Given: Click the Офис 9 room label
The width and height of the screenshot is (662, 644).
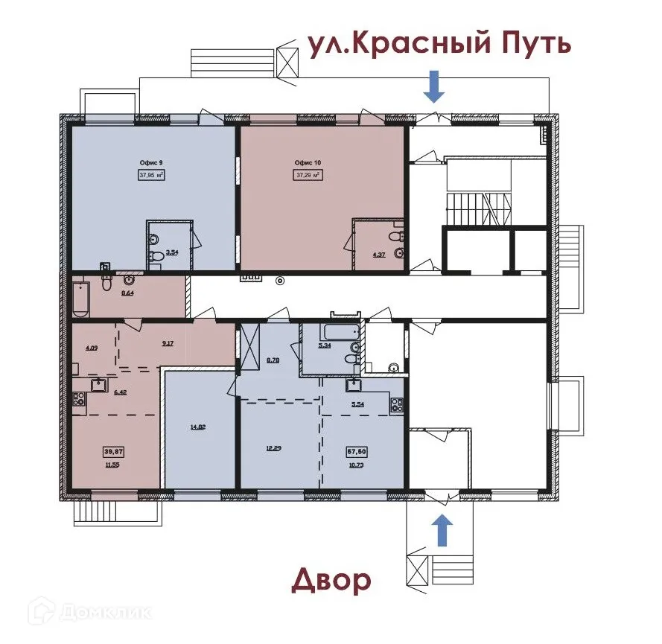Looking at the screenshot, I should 151,162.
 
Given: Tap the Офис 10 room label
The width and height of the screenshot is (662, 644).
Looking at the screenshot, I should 308,162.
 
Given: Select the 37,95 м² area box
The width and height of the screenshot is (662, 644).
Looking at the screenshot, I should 151,176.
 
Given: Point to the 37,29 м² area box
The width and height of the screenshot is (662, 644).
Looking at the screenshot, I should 308,176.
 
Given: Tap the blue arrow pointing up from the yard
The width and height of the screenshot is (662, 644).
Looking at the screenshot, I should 442,530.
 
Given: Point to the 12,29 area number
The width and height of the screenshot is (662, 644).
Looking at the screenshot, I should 276,448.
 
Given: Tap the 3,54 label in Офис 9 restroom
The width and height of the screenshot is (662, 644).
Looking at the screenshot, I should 171,253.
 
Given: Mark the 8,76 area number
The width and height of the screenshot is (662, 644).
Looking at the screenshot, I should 273,360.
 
